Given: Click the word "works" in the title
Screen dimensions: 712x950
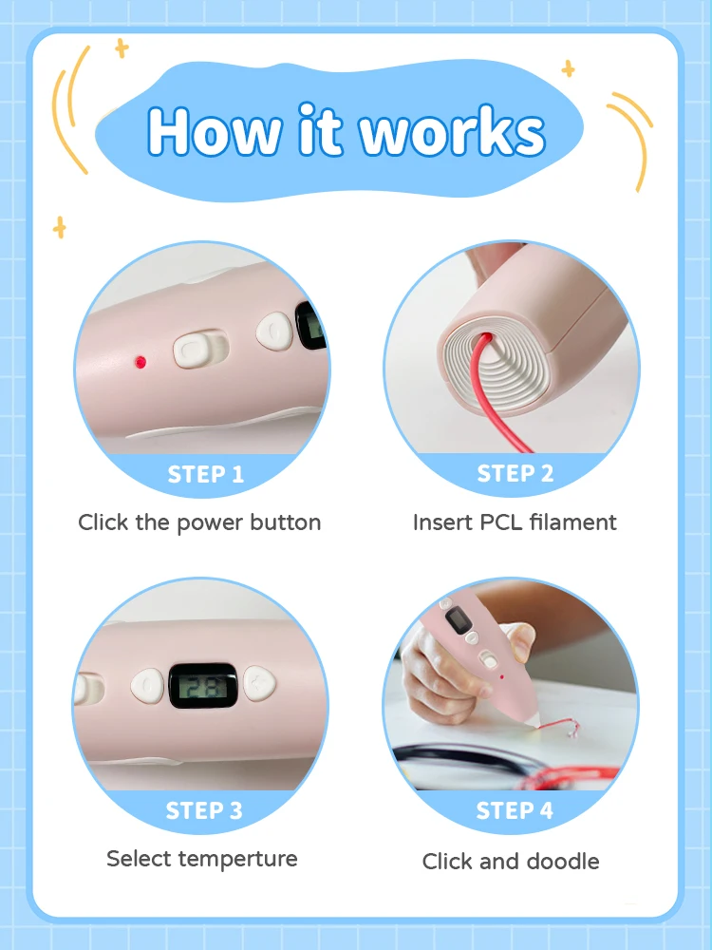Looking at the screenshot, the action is pyautogui.click(x=453, y=131).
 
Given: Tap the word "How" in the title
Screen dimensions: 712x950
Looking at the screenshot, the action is pyautogui.click(x=215, y=131).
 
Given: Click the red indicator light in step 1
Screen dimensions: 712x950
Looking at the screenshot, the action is pyautogui.click(x=141, y=362).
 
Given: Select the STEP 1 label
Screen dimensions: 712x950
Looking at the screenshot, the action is pyautogui.click(x=205, y=474).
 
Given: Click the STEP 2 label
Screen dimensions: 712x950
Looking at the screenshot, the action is pyautogui.click(x=515, y=473).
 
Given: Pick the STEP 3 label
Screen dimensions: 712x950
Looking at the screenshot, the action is pyautogui.click(x=204, y=810).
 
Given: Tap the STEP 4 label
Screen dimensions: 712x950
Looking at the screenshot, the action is pyautogui.click(x=515, y=810).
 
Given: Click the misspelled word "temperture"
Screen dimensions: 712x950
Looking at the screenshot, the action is pyautogui.click(x=238, y=860).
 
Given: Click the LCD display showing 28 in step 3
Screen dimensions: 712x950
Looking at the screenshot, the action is pyautogui.click(x=203, y=686).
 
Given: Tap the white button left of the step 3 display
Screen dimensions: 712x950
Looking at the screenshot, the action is pyautogui.click(x=147, y=686).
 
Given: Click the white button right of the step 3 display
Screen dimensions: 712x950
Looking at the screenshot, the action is pyautogui.click(x=260, y=683).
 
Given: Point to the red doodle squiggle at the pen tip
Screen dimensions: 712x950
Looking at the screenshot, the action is pyautogui.click(x=558, y=727).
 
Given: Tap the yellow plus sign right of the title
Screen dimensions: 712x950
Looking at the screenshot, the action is pyautogui.click(x=568, y=68).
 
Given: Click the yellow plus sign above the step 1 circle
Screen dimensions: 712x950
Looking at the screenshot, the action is pyautogui.click(x=59, y=228).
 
